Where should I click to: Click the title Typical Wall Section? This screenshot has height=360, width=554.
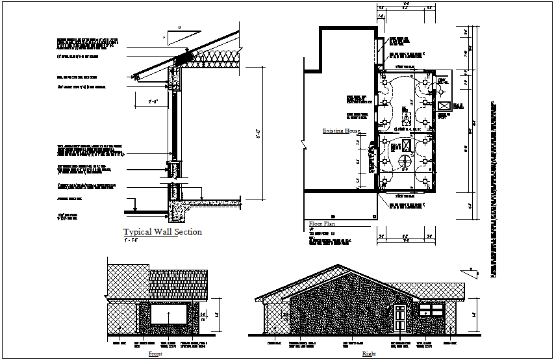pyautogui.click(x=162, y=232)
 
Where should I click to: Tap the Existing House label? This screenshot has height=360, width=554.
pyautogui.click(x=342, y=131)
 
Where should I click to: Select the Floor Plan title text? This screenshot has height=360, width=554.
pyautogui.click(x=321, y=224)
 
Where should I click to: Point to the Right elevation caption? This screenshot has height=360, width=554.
pyautogui.click(x=369, y=354)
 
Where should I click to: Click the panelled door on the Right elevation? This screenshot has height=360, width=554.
pyautogui.click(x=399, y=318)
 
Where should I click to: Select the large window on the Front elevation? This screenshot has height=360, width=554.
pyautogui.click(x=169, y=313)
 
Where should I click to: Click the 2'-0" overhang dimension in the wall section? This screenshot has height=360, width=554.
pyautogui.click(x=154, y=101)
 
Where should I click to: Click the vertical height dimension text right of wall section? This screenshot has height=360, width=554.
pyautogui.click(x=259, y=136)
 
